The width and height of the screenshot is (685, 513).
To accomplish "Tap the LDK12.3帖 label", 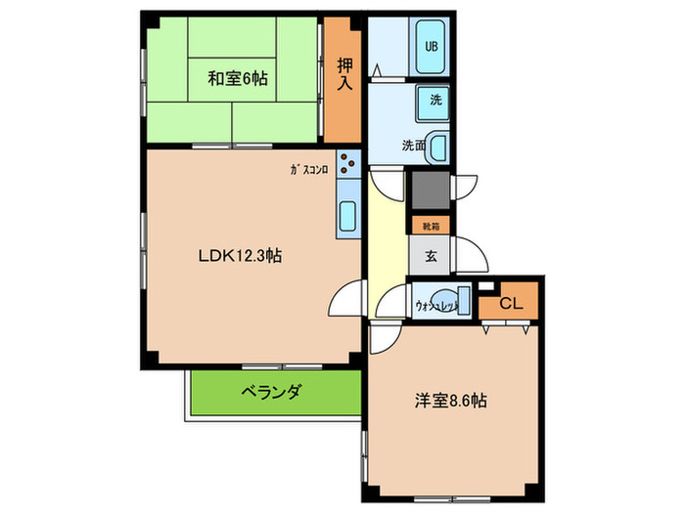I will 241,256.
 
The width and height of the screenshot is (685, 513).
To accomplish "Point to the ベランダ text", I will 271,392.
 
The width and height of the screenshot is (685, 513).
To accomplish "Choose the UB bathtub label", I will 431,46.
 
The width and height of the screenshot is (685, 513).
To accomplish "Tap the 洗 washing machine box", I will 434,99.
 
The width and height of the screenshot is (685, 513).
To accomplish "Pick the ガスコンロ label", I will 308,168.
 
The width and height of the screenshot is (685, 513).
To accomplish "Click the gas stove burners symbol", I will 348,165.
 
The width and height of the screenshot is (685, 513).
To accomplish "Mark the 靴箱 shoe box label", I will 431,226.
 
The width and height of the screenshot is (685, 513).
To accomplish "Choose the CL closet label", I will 510,303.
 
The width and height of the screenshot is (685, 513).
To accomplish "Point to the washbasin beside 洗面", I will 438,147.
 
